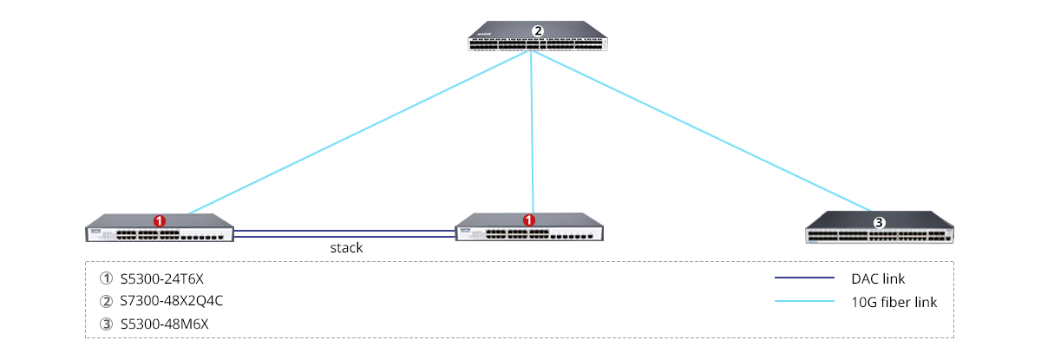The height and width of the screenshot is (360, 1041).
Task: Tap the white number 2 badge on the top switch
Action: click(x=538, y=31)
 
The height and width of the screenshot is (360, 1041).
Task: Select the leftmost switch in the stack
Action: click(x=160, y=229)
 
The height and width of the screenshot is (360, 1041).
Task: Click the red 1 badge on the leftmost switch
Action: click(x=160, y=221)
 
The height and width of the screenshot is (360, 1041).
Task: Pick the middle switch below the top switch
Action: click(x=529, y=229)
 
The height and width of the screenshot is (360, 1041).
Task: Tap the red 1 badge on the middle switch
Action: click(x=529, y=221)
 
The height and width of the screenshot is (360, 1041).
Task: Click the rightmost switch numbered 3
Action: click(x=879, y=230)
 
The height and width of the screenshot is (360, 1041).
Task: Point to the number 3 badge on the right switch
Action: click(x=879, y=223)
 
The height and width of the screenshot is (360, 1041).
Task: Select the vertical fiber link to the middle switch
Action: click(x=531, y=130)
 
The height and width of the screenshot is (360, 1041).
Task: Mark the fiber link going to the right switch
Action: click(x=703, y=130)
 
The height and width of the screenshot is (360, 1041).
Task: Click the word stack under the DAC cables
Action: click(x=346, y=248)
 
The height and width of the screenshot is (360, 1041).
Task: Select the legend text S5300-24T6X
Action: click(x=167, y=279)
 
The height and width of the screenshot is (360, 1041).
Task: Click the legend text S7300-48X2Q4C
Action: click(x=178, y=301)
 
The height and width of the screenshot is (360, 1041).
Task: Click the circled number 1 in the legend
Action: click(x=107, y=279)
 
